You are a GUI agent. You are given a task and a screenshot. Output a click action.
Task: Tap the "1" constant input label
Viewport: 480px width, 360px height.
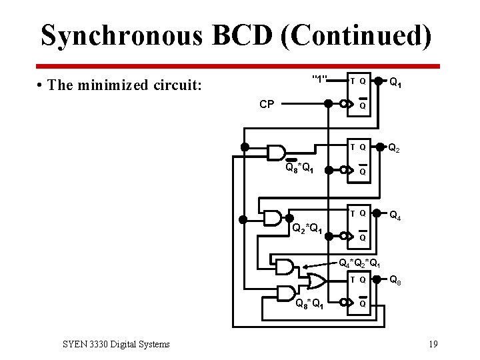pos(319,80)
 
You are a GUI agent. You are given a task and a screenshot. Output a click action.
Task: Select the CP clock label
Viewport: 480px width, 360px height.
pos(267,104)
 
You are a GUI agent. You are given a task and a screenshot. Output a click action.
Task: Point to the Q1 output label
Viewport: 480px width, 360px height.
pos(395,83)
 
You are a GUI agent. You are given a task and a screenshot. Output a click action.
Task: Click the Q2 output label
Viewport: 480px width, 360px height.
pos(395,148)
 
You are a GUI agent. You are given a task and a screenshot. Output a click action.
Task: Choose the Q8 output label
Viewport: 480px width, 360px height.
pos(395,281)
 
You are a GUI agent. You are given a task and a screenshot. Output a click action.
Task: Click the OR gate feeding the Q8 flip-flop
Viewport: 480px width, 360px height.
pos(314,279)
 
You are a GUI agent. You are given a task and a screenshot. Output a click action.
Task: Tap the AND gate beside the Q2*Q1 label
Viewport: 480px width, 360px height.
pos(273,218)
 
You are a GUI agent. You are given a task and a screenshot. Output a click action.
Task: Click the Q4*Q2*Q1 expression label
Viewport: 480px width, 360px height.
pos(360,263)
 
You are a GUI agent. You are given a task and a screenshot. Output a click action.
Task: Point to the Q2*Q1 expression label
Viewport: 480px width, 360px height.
pos(307,229)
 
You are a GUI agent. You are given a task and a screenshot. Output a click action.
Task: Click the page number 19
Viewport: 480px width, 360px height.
pos(433,344)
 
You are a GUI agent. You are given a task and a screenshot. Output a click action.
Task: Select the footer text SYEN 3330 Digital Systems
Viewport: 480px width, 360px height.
pos(116,344)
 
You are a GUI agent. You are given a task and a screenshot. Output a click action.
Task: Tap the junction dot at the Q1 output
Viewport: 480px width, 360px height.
pos(378,81)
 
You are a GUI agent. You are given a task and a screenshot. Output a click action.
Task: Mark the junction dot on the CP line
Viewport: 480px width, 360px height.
pos(328,104)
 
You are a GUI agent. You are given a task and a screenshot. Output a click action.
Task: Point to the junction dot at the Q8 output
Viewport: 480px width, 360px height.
pos(378,280)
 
